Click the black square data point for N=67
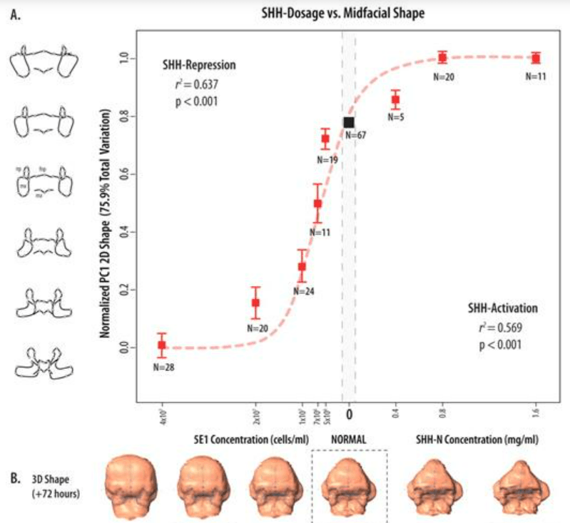coord(349,123)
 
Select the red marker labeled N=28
coord(162,345)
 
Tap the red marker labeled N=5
coord(395,100)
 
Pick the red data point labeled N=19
coord(325,138)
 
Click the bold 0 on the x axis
coord(350,412)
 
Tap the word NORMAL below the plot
coord(350,438)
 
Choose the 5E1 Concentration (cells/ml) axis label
coord(251,438)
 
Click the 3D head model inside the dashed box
coord(350,487)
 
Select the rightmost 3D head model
coord(521,488)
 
